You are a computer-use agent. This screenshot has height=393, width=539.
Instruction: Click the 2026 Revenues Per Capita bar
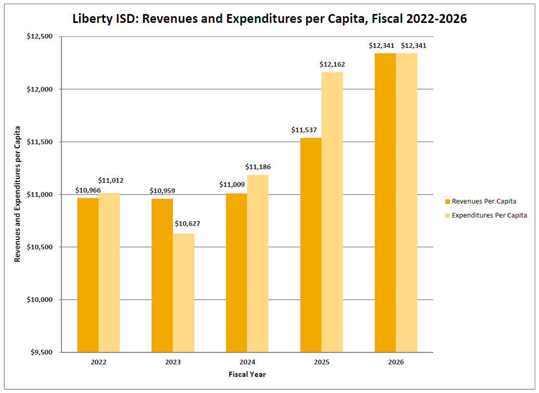click(385, 202)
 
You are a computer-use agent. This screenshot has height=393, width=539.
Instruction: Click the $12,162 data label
click(332, 65)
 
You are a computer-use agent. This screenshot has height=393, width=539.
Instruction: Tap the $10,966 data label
click(88, 191)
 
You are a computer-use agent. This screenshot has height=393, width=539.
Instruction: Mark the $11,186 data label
click(258, 167)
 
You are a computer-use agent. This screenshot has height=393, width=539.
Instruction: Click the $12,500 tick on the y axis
click(42, 36)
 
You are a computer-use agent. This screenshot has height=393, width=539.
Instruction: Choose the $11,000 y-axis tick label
click(42, 195)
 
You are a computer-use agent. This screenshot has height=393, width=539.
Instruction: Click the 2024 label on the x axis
click(247, 362)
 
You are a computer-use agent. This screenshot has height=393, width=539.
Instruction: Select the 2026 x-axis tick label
click(396, 362)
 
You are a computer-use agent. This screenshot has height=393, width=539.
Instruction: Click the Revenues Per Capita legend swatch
click(447, 201)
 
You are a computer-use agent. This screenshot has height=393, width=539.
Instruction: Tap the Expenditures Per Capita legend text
click(489, 215)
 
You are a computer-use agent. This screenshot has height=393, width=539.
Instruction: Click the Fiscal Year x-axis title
click(247, 374)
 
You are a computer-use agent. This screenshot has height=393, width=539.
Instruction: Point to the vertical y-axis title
click(18, 194)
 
